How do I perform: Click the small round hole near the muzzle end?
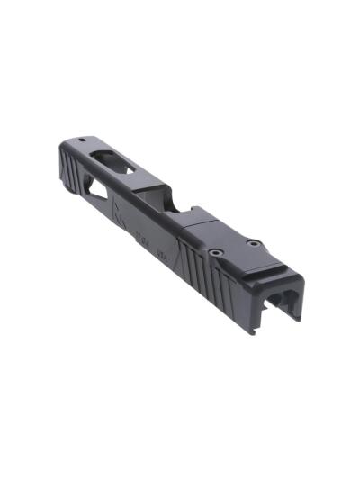click(81, 140)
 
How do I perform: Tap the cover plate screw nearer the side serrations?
click(216, 255)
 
